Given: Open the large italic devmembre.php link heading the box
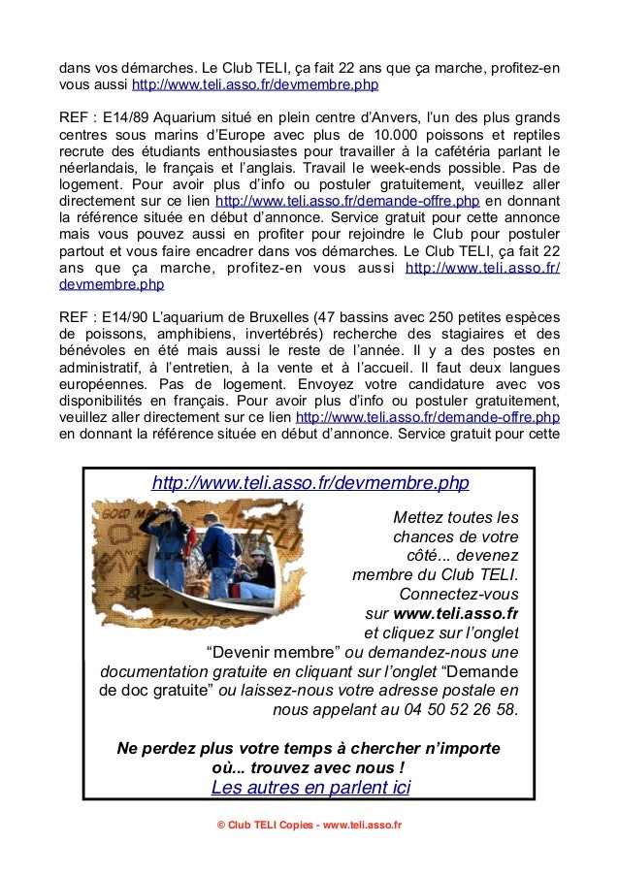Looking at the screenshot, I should tap(310, 482).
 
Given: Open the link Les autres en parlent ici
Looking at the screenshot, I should tap(310, 787).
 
